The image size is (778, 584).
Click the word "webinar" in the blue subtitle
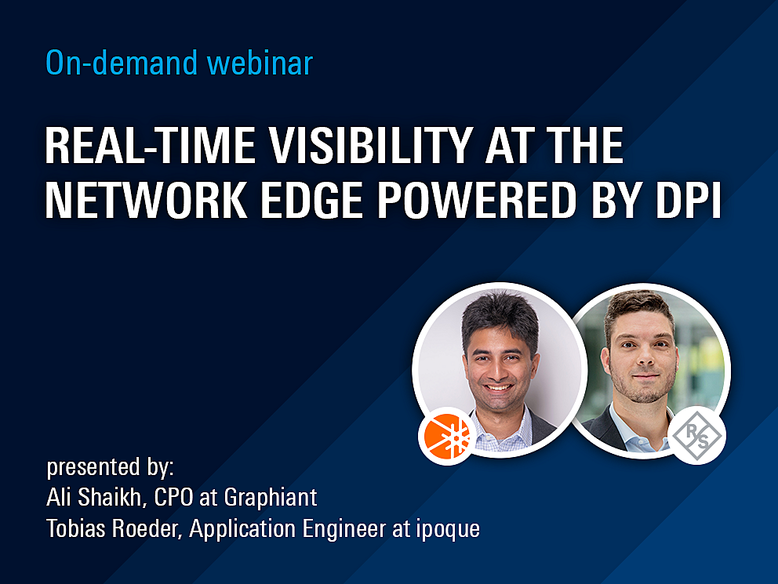[x=260, y=63]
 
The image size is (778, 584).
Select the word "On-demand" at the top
[x=122, y=63]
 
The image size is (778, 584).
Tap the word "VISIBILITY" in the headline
[x=370, y=145]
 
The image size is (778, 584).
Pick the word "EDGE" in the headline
[x=311, y=201]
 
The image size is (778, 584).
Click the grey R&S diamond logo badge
[x=697, y=435]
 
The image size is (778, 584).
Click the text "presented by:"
[x=110, y=467]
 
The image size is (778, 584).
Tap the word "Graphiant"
[x=271, y=498]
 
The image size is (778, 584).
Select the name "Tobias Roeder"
[x=112, y=528]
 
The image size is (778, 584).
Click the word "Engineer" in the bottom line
[x=344, y=529]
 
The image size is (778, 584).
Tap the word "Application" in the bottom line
[x=242, y=529]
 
